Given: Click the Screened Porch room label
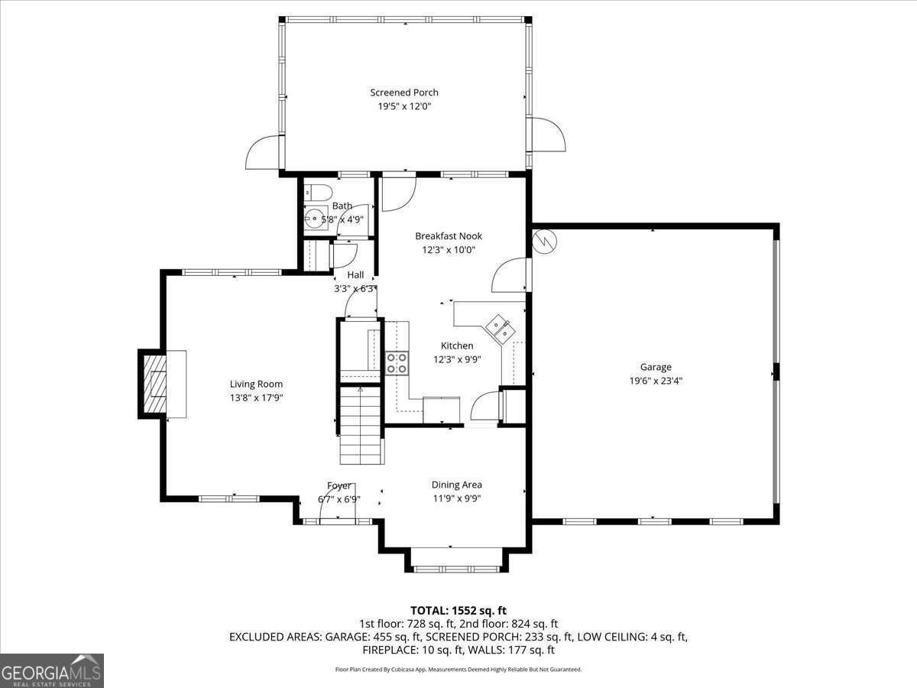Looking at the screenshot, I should [x=404, y=92].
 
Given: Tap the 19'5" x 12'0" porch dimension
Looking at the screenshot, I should [x=404, y=107].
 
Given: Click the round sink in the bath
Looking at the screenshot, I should [x=313, y=218].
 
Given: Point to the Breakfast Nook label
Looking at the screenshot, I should [x=449, y=236].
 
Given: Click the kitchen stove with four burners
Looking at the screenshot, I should [x=397, y=362].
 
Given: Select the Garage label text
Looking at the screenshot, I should [x=656, y=367].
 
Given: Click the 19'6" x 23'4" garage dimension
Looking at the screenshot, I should [x=656, y=380].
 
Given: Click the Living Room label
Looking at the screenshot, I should [x=256, y=385].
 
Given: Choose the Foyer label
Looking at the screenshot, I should [x=339, y=485].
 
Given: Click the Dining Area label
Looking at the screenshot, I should [x=456, y=485].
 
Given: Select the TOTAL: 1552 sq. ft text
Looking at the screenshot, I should [x=458, y=610].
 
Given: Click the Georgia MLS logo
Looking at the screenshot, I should [x=52, y=670].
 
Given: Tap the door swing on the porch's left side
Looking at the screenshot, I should [x=262, y=153].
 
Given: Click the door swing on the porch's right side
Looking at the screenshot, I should [x=547, y=135].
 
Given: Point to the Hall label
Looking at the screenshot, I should [x=355, y=275].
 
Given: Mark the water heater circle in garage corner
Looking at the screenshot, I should [x=546, y=242].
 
